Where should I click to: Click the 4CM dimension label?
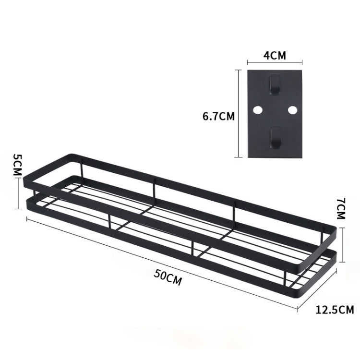pyautogui.click(x=274, y=55)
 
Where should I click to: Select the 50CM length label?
pyautogui.click(x=168, y=277)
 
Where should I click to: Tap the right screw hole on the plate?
pyautogui.click(x=291, y=110)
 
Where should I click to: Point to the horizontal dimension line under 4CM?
pyautogui.click(x=274, y=62)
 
